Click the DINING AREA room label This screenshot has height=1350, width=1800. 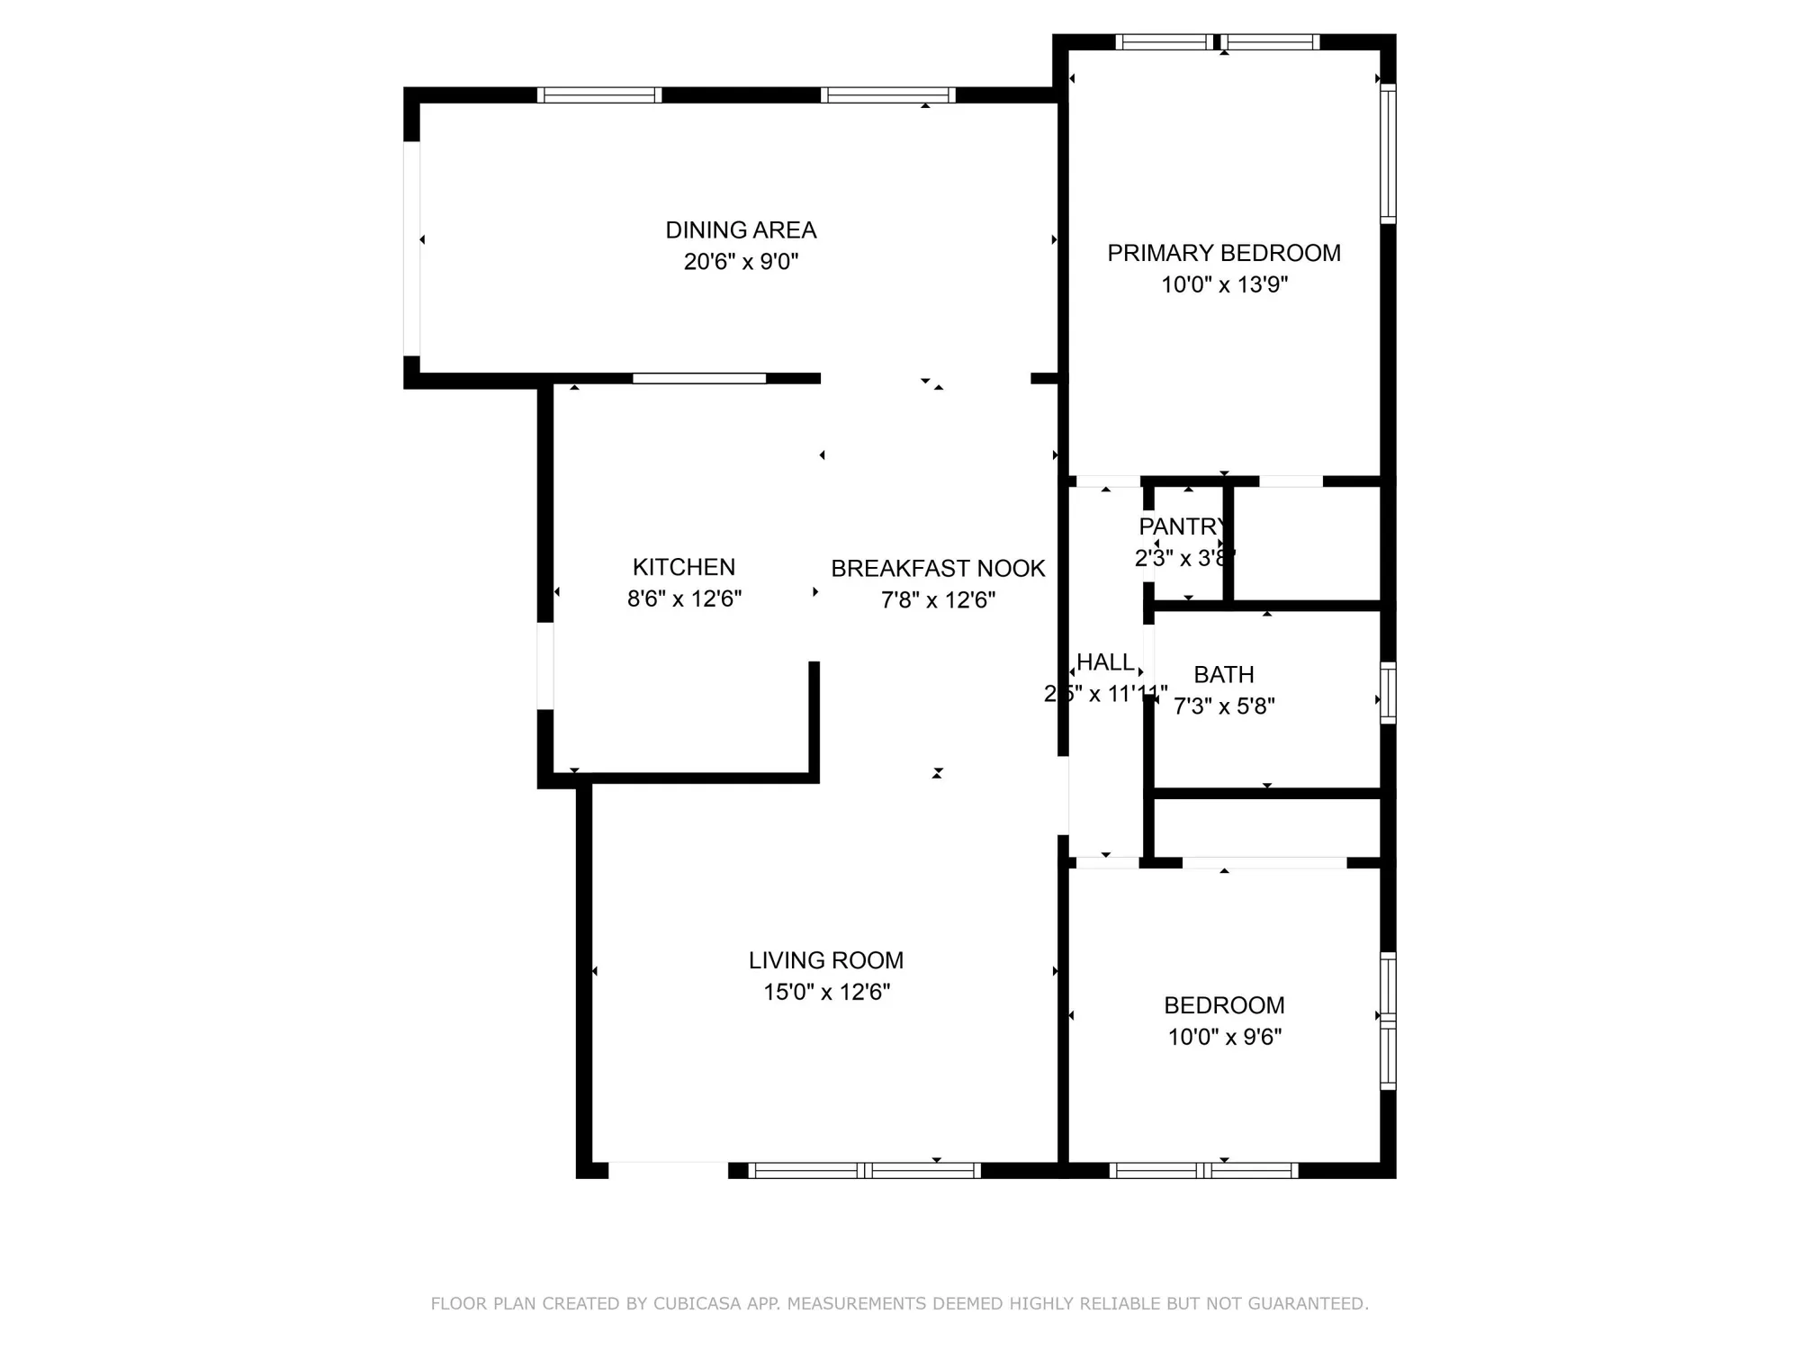pyautogui.click(x=741, y=230)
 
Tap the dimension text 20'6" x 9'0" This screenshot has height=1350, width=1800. pyautogui.click(x=741, y=262)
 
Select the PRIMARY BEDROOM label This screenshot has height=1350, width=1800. pyautogui.click(x=1223, y=253)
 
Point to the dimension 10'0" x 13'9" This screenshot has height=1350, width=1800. pyautogui.click(x=1224, y=284)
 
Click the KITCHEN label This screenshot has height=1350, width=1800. pyautogui.click(x=684, y=567)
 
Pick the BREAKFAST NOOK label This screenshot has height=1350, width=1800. pyautogui.click(x=938, y=569)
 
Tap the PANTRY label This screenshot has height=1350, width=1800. pyautogui.click(x=1182, y=526)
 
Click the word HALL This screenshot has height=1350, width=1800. pyautogui.click(x=1105, y=662)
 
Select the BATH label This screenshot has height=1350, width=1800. pyautogui.click(x=1223, y=675)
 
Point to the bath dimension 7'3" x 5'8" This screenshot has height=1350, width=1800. pyautogui.click(x=1224, y=706)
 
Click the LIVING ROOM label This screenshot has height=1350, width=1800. pyautogui.click(x=826, y=960)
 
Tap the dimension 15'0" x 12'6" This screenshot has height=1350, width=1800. pyautogui.click(x=826, y=992)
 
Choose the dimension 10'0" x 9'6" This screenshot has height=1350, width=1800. pyautogui.click(x=1224, y=1037)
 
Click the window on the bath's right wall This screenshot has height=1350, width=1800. pyautogui.click(x=1388, y=692)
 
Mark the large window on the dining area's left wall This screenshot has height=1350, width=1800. pyautogui.click(x=411, y=248)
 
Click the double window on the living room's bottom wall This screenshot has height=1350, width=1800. pyautogui.click(x=864, y=1170)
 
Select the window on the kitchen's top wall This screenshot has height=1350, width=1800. pyautogui.click(x=699, y=379)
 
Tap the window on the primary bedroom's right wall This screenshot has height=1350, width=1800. pyautogui.click(x=1388, y=154)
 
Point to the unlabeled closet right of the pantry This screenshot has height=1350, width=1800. pyautogui.click(x=1306, y=544)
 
